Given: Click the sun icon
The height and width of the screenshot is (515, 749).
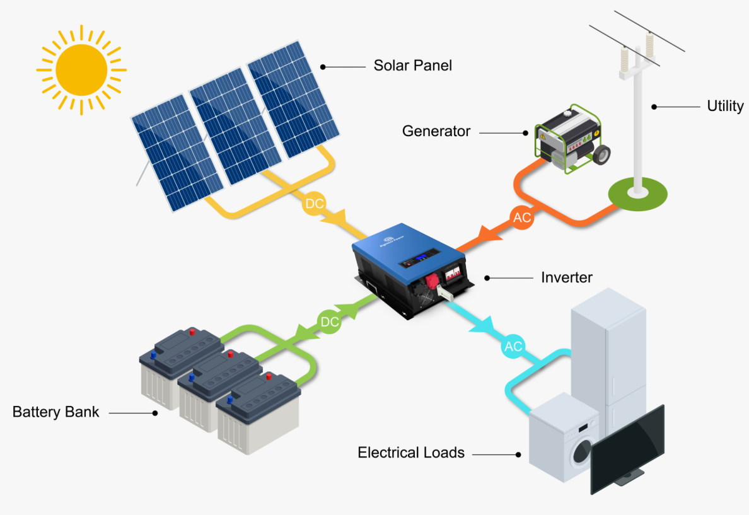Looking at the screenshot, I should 81,69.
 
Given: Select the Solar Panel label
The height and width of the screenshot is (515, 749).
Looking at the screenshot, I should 412,66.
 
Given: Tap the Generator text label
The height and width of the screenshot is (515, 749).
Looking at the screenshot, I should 436,131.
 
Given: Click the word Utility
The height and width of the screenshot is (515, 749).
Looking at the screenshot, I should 725,107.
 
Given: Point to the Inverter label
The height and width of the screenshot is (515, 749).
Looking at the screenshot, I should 567,277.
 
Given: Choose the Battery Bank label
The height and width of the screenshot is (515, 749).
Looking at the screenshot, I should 56,412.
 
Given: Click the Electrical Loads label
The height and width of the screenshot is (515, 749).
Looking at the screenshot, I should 411,453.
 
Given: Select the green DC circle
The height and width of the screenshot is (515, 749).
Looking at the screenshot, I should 330,322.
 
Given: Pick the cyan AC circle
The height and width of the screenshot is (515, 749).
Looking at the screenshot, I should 513,347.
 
